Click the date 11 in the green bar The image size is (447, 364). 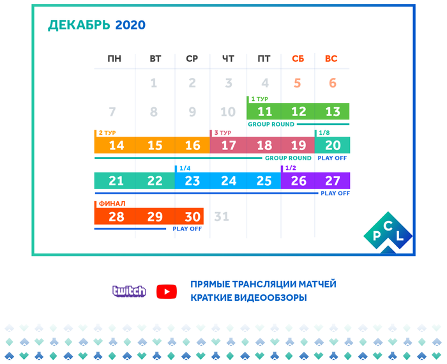(x=265, y=112)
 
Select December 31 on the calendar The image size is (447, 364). (x=222, y=216)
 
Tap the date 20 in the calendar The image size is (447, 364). (x=333, y=146)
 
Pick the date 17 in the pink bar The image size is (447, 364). (x=229, y=146)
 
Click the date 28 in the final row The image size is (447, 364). (x=116, y=216)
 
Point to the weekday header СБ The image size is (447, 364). (x=298, y=59)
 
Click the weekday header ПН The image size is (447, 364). (x=114, y=59)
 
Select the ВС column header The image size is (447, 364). (x=331, y=59)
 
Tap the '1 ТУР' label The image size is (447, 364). (x=260, y=99)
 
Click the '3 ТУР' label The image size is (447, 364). (x=223, y=133)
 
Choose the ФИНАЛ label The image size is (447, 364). (x=112, y=204)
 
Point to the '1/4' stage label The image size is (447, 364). (x=185, y=168)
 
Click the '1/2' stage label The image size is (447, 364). (x=291, y=168)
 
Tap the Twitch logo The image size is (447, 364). (x=129, y=291)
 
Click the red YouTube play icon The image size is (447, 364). (x=167, y=292)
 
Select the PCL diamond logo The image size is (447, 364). (x=388, y=232)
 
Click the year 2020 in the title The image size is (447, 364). (x=130, y=25)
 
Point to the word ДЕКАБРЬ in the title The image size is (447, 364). (x=79, y=26)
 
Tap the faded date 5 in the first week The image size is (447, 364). (x=298, y=83)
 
